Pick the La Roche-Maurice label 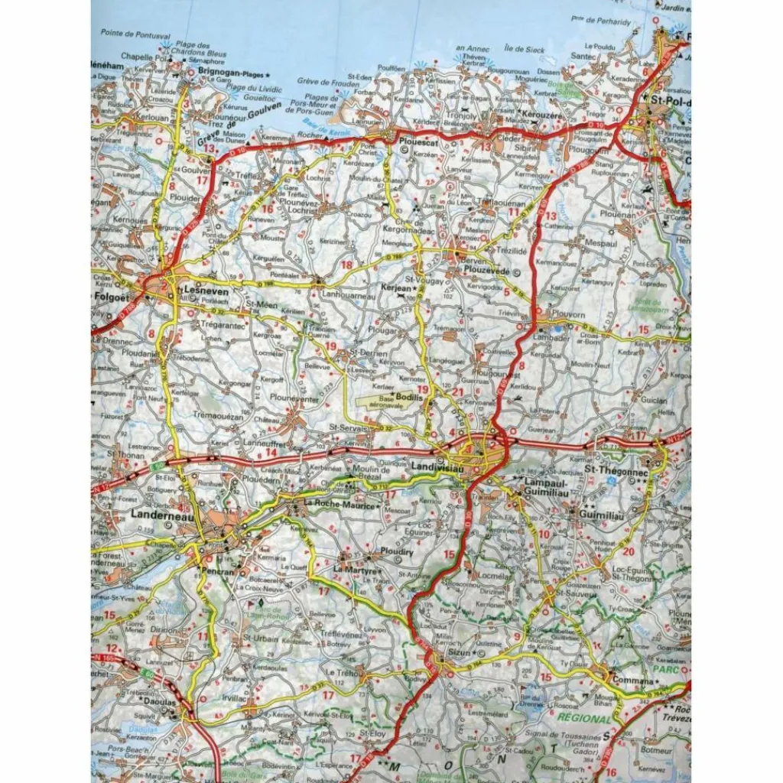point(340,505)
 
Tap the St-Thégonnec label point(616,469)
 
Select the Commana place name point(632,680)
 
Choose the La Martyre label point(356,570)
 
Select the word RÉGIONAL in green point(585,719)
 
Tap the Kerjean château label point(395,288)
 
